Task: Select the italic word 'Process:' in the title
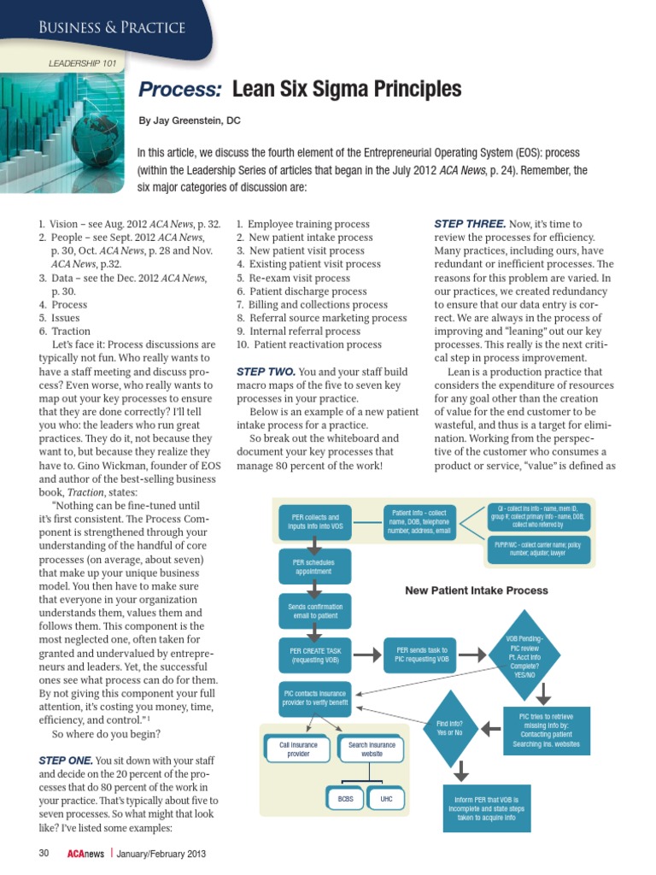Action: [x=180, y=90]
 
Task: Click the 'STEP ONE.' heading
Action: [x=66, y=760]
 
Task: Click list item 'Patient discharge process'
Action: [x=302, y=291]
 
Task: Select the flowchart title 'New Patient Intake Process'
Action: [x=476, y=590]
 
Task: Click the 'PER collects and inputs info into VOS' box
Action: [x=315, y=523]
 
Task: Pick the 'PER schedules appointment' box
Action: [x=315, y=568]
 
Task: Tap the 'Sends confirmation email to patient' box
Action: [x=315, y=612]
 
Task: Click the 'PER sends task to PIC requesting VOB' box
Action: [x=421, y=655]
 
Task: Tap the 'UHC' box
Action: [x=387, y=799]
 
